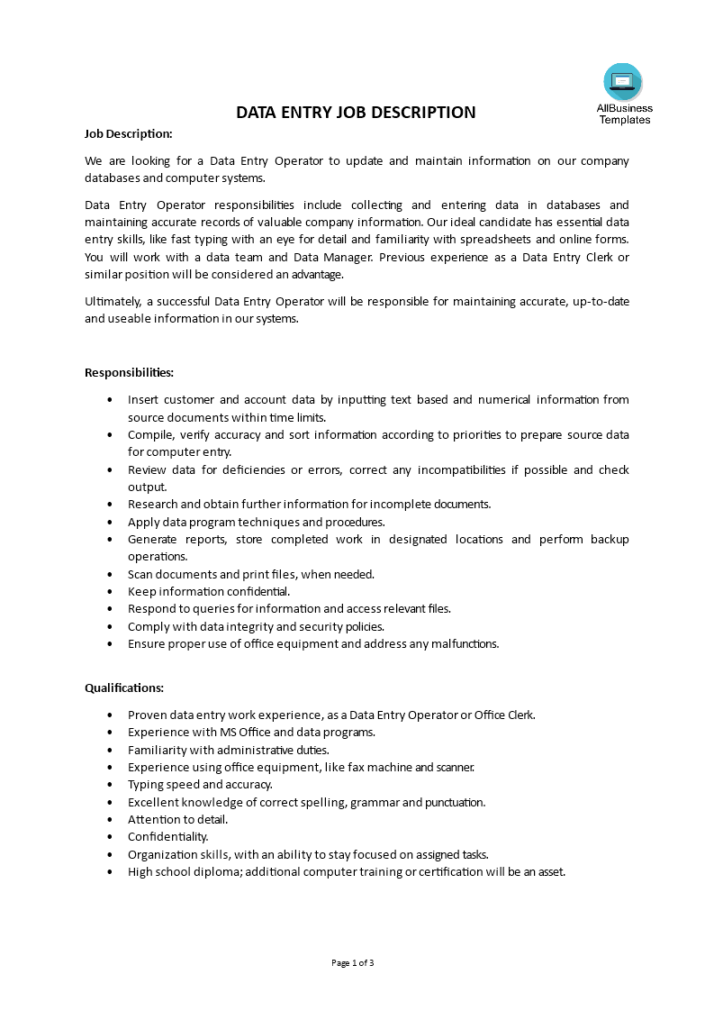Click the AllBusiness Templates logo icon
click(x=623, y=82)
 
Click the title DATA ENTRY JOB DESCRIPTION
click(x=356, y=113)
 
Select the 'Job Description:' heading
click(x=129, y=133)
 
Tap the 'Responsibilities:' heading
click(x=129, y=372)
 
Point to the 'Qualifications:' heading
click(x=124, y=688)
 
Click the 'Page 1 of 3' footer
click(x=353, y=962)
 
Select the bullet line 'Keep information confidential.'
click(x=209, y=591)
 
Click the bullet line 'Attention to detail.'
click(x=177, y=819)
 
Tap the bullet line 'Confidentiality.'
click(x=167, y=836)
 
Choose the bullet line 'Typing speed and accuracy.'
click(x=200, y=784)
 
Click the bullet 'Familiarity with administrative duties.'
click(x=229, y=749)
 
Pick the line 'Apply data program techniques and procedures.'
click(x=256, y=522)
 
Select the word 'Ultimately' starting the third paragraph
click(x=113, y=301)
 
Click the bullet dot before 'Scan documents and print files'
click(x=110, y=574)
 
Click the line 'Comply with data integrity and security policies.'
click(x=256, y=626)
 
